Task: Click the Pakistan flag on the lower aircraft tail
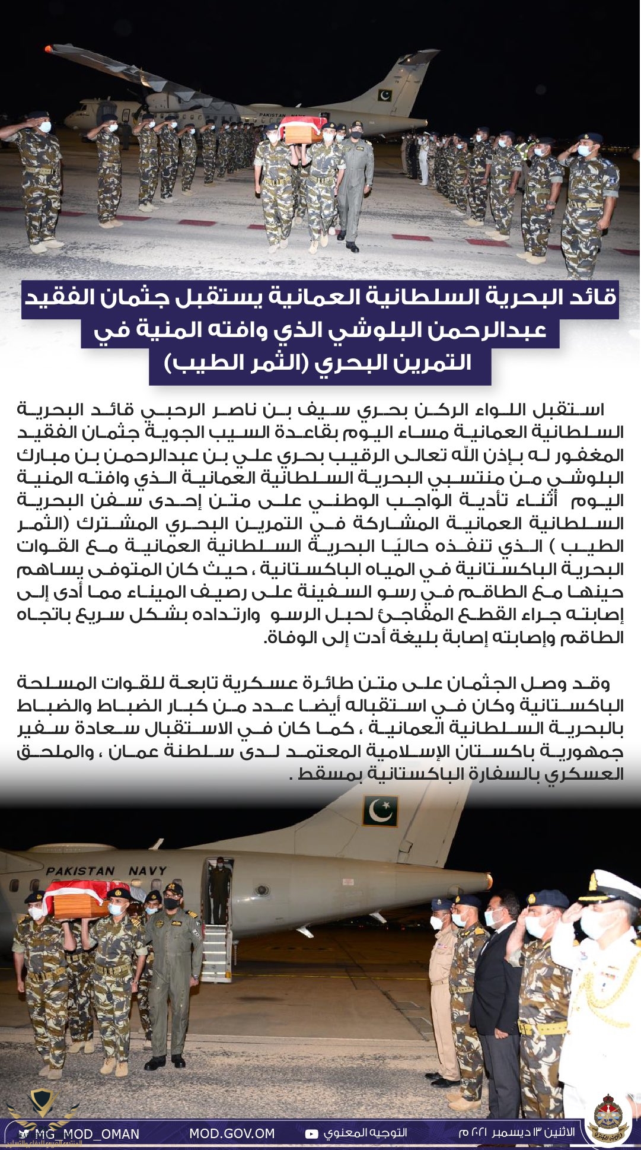[380, 811]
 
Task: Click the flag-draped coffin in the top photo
[302, 130]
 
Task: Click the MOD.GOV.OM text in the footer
[232, 1133]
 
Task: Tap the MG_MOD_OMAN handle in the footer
[86, 1134]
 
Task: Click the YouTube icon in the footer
[311, 1134]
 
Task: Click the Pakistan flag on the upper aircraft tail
[384, 95]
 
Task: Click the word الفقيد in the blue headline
[578, 296]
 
